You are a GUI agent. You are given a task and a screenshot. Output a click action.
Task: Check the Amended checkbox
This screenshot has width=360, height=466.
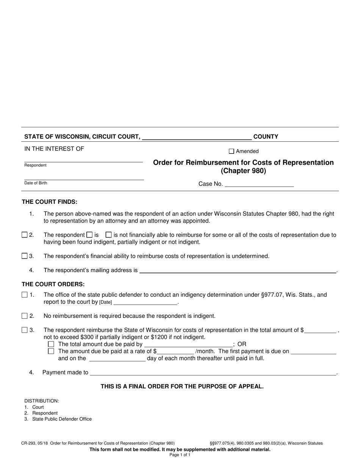[232, 151]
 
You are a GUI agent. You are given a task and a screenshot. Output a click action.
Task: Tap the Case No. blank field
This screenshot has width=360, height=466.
[259, 185]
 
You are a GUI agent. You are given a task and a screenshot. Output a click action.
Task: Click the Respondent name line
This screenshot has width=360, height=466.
[83, 160]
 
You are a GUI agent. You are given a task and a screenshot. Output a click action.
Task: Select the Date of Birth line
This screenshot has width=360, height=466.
[84, 178]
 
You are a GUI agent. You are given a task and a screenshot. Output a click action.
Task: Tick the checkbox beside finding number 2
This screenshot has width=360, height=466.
[25, 235]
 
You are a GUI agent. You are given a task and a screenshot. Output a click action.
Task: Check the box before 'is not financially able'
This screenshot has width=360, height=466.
[109, 235]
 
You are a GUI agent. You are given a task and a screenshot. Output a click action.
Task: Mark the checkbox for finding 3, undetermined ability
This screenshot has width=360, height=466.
[25, 256]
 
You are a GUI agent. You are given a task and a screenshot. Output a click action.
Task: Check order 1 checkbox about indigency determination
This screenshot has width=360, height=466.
[25, 295]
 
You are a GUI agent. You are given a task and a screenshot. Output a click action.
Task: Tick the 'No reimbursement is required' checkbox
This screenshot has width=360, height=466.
[25, 316]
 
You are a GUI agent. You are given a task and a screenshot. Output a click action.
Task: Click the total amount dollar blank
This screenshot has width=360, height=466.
[320, 331]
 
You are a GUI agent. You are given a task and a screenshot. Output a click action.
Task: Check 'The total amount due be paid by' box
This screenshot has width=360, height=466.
[51, 344]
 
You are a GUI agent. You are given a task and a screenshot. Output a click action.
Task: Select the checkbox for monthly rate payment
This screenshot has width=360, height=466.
[51, 351]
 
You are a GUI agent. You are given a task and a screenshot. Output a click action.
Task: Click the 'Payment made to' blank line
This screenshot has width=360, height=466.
[213, 373]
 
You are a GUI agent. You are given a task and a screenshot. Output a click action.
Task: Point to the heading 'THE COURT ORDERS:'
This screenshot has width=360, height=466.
[53, 284]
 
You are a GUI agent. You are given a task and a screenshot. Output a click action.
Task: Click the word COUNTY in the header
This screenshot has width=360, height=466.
[266, 137]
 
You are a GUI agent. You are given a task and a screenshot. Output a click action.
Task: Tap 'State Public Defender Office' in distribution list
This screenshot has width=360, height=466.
[62, 419]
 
